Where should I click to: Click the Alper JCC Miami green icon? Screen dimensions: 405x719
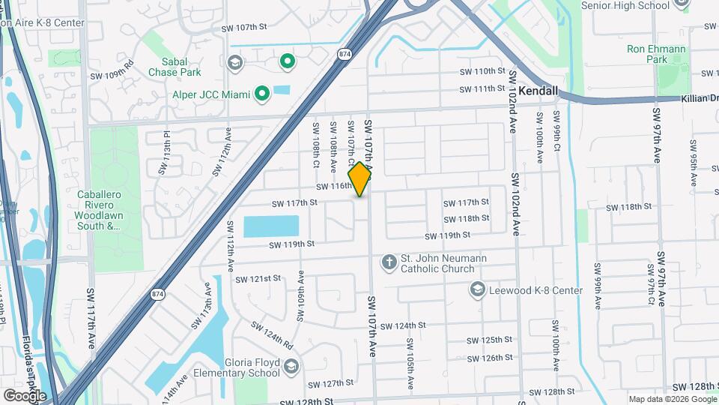coord(261,94)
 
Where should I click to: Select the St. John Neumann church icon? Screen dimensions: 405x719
coord(389,262)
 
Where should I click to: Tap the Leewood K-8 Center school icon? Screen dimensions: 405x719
coord(477,289)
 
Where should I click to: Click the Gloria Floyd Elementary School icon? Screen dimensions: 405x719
coord(291,366)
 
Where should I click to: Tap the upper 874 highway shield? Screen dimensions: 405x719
coord(345,54)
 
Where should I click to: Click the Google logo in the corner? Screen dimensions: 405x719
coord(25,395)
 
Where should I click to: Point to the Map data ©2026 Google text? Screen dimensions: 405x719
coord(672,399)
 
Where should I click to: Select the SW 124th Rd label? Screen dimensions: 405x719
coord(271,336)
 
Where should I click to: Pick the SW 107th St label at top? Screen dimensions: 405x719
coord(244,28)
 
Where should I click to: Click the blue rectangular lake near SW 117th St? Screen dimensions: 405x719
coord(271,226)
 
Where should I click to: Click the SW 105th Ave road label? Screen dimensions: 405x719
coord(410,364)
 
